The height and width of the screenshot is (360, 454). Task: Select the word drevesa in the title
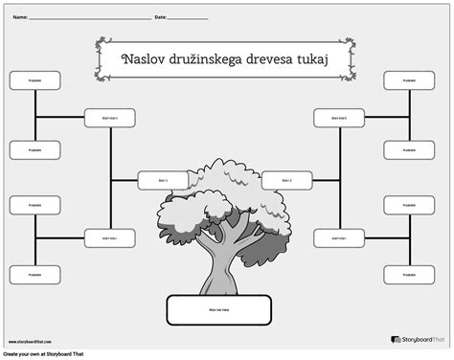[283, 59]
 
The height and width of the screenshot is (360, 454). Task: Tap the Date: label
[160, 17]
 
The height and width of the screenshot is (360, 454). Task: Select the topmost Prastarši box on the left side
[34, 80]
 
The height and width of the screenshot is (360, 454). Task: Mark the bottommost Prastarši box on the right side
[409, 275]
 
